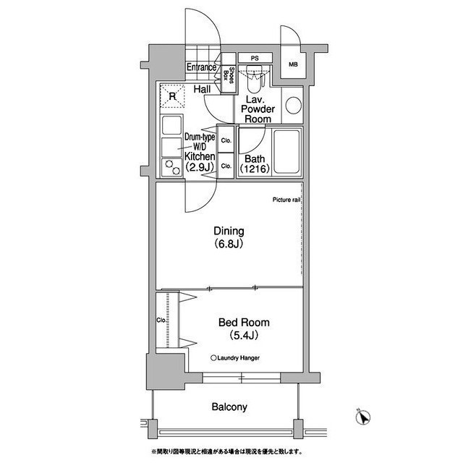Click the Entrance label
[x=201, y=67]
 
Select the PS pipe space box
[x=255, y=58]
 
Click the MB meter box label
[x=293, y=64]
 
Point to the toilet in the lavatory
[x=254, y=79]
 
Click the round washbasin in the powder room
[x=294, y=105]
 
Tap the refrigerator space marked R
[x=172, y=96]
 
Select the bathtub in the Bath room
[x=286, y=152]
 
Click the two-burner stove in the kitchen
[x=172, y=167]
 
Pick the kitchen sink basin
[x=171, y=125]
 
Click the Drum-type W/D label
[x=200, y=142]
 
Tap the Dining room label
[x=229, y=237]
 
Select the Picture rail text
[x=286, y=200]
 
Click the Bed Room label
[x=244, y=328]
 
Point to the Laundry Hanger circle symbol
[x=213, y=358]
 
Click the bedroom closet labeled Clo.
[x=167, y=320]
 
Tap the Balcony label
[x=229, y=407]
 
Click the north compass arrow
[x=363, y=417]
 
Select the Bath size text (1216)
[x=255, y=169]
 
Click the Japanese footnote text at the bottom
[x=226, y=451]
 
